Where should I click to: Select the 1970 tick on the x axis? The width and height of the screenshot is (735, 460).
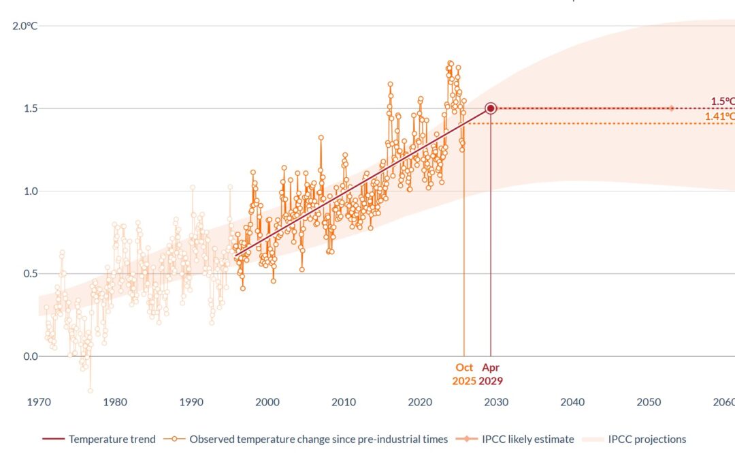(39, 402)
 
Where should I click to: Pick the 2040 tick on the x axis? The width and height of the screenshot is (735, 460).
(572, 402)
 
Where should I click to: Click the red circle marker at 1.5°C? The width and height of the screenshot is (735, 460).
(491, 108)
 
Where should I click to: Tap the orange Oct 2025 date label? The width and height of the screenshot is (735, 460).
(464, 374)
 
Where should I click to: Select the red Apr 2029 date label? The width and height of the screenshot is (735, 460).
(491, 374)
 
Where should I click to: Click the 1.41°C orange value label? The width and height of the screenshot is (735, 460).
(719, 117)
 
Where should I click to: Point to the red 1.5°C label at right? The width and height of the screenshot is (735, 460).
(723, 101)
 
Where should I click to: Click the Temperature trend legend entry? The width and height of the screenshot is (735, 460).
(99, 440)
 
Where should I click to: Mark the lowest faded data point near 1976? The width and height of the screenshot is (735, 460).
(90, 391)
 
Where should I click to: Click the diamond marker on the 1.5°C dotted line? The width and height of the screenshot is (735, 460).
(672, 108)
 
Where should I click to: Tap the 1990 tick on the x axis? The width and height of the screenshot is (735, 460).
(191, 402)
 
